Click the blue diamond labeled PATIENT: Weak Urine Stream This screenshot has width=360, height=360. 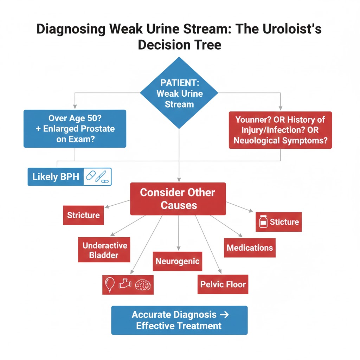179,93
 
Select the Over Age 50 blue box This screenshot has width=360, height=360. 75,129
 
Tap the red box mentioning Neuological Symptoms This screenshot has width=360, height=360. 280,130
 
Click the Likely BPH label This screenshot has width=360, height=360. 55,176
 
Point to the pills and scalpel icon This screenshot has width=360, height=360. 98,176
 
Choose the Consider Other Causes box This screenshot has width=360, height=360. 178,199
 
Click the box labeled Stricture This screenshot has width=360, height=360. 83,215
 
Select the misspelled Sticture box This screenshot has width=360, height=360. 284,222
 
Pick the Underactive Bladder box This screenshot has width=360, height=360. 104,250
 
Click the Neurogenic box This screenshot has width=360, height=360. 178,261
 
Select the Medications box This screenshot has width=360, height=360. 250,247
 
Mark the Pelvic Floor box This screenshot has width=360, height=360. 223,284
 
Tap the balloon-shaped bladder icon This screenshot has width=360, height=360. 110,284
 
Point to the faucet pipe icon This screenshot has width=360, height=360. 125,283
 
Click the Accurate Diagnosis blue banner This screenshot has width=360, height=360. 179,320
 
